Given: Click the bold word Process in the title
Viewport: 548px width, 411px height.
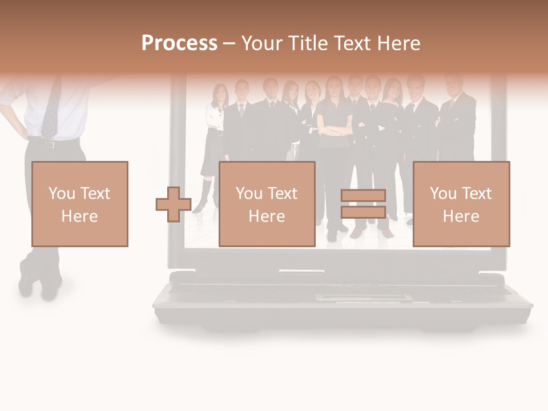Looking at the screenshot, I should tap(179, 43).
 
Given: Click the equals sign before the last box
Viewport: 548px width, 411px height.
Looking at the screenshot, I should tap(363, 204).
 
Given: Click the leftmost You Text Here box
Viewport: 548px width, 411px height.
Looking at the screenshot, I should tap(80, 204).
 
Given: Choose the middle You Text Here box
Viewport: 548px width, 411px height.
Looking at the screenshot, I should tap(267, 204).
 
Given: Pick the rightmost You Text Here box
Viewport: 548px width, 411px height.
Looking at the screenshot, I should tap(461, 204).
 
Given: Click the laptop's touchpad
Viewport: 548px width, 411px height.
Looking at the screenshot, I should tap(362, 297).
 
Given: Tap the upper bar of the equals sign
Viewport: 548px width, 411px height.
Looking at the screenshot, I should tap(363, 195).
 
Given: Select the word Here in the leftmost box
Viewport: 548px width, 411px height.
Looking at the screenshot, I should tap(79, 216).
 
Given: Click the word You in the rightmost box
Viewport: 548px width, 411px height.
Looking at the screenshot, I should tap(443, 194).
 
